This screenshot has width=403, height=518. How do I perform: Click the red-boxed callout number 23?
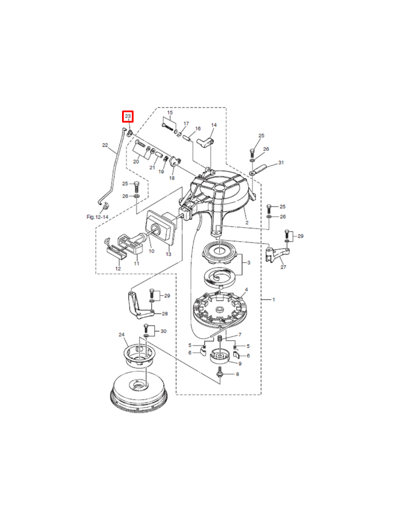pyautogui.click(x=128, y=116)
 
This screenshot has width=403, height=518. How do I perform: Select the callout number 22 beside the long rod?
pyautogui.click(x=105, y=145)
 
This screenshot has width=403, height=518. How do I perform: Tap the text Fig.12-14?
pyautogui.click(x=97, y=217)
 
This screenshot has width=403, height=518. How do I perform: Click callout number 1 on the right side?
pyautogui.click(x=273, y=300)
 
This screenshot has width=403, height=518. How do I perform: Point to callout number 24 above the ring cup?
pyautogui.click(x=121, y=334)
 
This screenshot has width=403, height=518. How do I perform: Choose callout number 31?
pyautogui.click(x=281, y=162)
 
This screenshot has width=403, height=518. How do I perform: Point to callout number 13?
pyautogui.click(x=169, y=254)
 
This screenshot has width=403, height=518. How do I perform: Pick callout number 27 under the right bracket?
pyautogui.click(x=283, y=267)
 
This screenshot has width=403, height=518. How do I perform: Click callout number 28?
pyautogui.click(x=165, y=314)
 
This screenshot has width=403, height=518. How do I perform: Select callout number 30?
pyautogui.click(x=164, y=331)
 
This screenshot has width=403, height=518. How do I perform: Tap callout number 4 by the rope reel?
pyautogui.click(x=246, y=290)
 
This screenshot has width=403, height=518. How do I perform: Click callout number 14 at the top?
pyautogui.click(x=214, y=125)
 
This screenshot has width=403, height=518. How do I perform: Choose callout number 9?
pyautogui.click(x=240, y=364)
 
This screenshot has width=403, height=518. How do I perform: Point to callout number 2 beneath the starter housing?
pyautogui.click(x=247, y=223)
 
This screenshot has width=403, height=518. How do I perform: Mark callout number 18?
pyautogui.click(x=172, y=178)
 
